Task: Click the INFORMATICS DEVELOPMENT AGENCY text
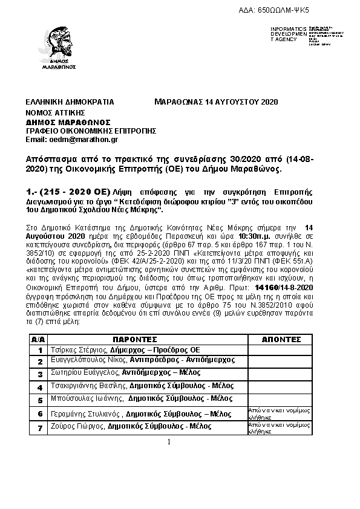click(x=290, y=34)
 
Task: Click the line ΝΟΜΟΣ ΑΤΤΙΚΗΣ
click(x=55, y=112)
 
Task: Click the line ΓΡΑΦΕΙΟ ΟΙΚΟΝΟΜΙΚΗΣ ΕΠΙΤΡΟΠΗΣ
click(x=91, y=130)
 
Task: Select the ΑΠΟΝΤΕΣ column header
click(x=281, y=340)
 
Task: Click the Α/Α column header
click(x=38, y=340)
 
